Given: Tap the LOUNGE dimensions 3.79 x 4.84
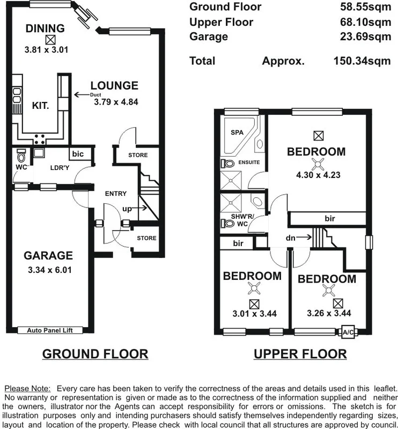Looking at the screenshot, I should [116, 101].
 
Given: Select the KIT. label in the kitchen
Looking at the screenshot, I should [41, 106].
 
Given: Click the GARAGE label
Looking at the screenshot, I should [48, 256].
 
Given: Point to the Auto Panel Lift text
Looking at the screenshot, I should [49, 331].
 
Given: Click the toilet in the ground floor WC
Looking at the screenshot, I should [21, 156].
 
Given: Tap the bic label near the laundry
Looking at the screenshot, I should [78, 154].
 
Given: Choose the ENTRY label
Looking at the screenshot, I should [116, 194].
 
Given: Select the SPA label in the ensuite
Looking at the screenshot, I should [237, 132].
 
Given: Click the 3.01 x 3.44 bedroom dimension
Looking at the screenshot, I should [252, 313].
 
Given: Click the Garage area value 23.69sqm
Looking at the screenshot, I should [365, 37].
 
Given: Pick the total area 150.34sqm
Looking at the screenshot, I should [362, 61].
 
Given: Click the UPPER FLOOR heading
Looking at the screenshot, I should [300, 354].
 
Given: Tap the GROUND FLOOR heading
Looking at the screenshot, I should [95, 354].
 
